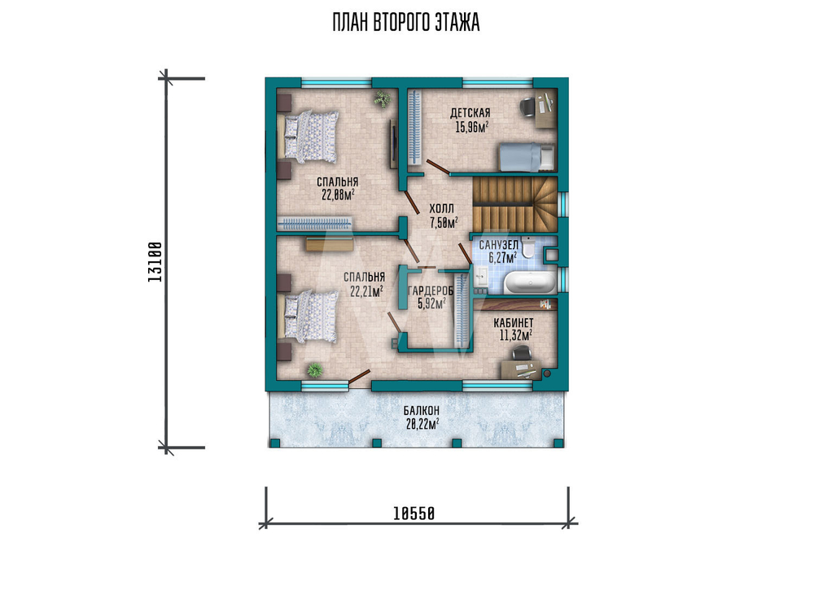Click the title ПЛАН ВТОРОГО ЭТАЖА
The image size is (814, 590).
406,24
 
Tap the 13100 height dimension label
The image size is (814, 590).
155,262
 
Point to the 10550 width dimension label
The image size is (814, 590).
414,514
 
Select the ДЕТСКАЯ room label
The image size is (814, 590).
470,112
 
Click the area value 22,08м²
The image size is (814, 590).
338,195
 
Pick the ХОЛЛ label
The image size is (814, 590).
441,208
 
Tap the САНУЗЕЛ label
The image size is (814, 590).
498,244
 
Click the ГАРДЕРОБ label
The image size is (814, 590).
431,291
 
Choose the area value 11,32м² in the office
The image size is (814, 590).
515,335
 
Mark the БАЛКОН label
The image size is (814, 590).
422,411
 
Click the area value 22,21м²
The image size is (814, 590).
366,291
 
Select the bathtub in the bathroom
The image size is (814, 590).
530,283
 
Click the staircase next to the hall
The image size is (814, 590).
514,204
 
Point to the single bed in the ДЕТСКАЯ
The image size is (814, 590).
527,157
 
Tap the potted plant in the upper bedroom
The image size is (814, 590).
383,99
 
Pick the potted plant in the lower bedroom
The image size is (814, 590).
314,370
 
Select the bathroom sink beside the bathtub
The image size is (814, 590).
481,276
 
